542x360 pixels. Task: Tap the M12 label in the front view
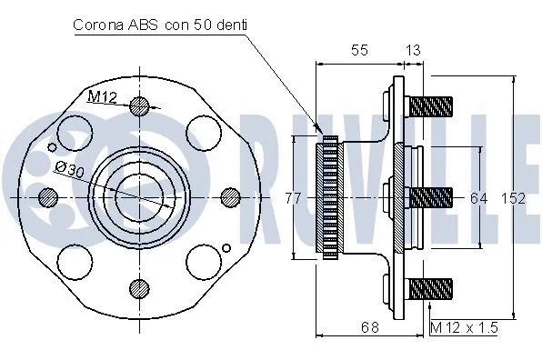pyautogui.click(x=103, y=96)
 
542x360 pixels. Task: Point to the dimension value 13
pyautogui.click(x=412, y=51)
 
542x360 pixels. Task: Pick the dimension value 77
pyautogui.click(x=292, y=198)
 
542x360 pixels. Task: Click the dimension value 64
pyautogui.click(x=479, y=198)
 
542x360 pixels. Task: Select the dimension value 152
pyautogui.click(x=515, y=198)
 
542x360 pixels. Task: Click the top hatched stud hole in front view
pyautogui.click(x=139, y=105)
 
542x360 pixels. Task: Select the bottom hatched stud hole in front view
pyautogui.click(x=139, y=288)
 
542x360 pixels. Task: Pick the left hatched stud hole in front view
pyautogui.click(x=48, y=196)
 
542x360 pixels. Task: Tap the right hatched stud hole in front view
pyautogui.click(x=231, y=196)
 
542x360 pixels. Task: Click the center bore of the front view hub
pyautogui.click(x=139, y=195)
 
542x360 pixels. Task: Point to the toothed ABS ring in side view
pyautogui.click(x=328, y=196)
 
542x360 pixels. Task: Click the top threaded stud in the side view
pyautogui.click(x=432, y=105)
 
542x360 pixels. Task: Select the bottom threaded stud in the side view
pyautogui.click(x=432, y=289)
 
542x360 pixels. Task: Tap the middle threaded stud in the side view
pyautogui.click(x=432, y=196)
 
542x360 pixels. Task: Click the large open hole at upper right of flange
pyautogui.click(x=203, y=135)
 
